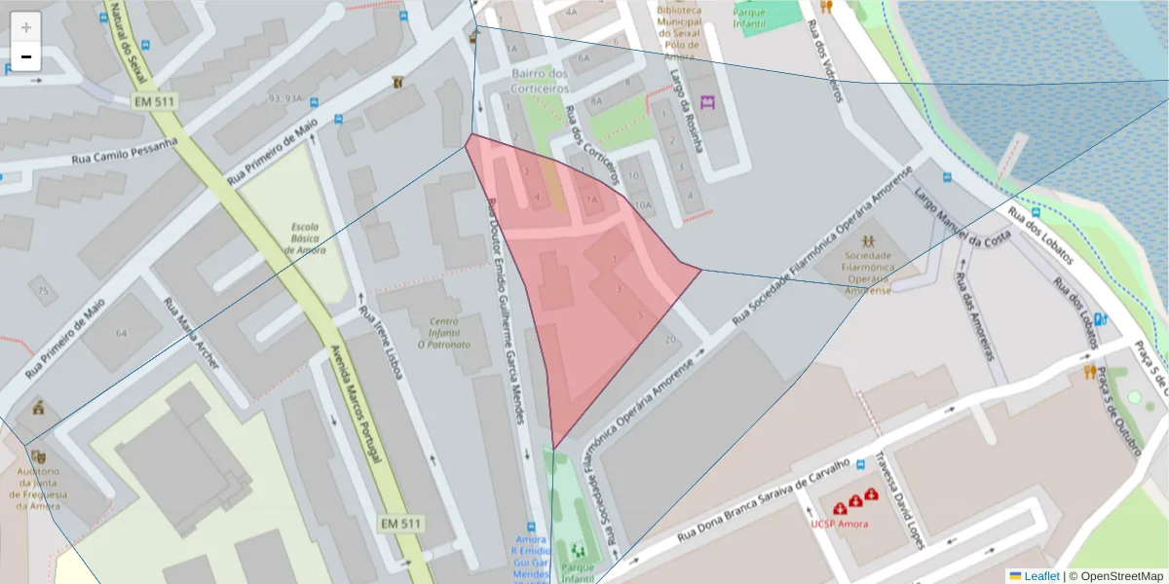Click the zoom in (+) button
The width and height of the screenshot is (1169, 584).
click(26, 27)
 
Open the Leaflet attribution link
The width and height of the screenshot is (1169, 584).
click(1040, 575)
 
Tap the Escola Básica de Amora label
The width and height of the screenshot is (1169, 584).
click(305, 238)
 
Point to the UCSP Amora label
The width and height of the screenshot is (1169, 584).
click(839, 524)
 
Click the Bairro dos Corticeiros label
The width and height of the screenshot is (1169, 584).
click(539, 81)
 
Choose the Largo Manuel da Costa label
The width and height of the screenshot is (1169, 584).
click(962, 223)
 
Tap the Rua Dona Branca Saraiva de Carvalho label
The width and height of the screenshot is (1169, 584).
click(764, 500)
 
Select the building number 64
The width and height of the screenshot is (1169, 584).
click(121, 333)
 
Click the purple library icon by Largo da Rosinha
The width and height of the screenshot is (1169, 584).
click(707, 100)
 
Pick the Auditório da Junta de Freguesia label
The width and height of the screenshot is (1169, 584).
click(39, 489)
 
